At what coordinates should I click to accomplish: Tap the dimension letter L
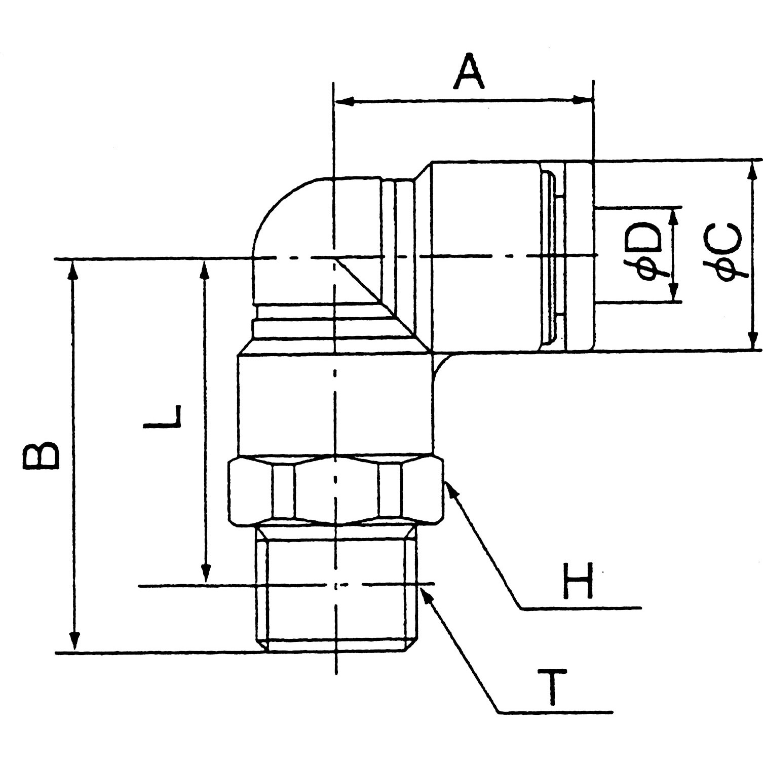(162, 416)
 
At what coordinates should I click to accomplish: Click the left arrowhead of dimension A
(345, 102)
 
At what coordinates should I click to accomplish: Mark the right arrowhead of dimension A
(583, 100)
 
